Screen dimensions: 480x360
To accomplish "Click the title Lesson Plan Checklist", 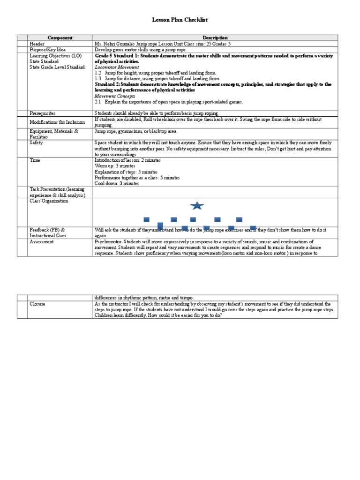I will [x=180, y=20].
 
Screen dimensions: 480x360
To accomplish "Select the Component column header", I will [x=60, y=37].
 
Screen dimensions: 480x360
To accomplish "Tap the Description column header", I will [x=215, y=37].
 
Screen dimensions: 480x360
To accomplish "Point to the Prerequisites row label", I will [x=43, y=113].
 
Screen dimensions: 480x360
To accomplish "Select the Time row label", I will [x=35, y=160].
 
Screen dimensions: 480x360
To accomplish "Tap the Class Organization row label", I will [x=49, y=201].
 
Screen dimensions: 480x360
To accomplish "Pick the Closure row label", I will [x=37, y=304].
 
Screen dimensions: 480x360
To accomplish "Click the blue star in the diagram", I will [x=197, y=205].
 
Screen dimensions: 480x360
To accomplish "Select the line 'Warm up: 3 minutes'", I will [x=115, y=166].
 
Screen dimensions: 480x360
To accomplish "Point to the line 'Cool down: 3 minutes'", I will [x=117, y=184].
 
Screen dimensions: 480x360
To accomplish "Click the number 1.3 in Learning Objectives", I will [x=98, y=79].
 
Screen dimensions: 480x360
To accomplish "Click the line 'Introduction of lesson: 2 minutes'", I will [x=127, y=160].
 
